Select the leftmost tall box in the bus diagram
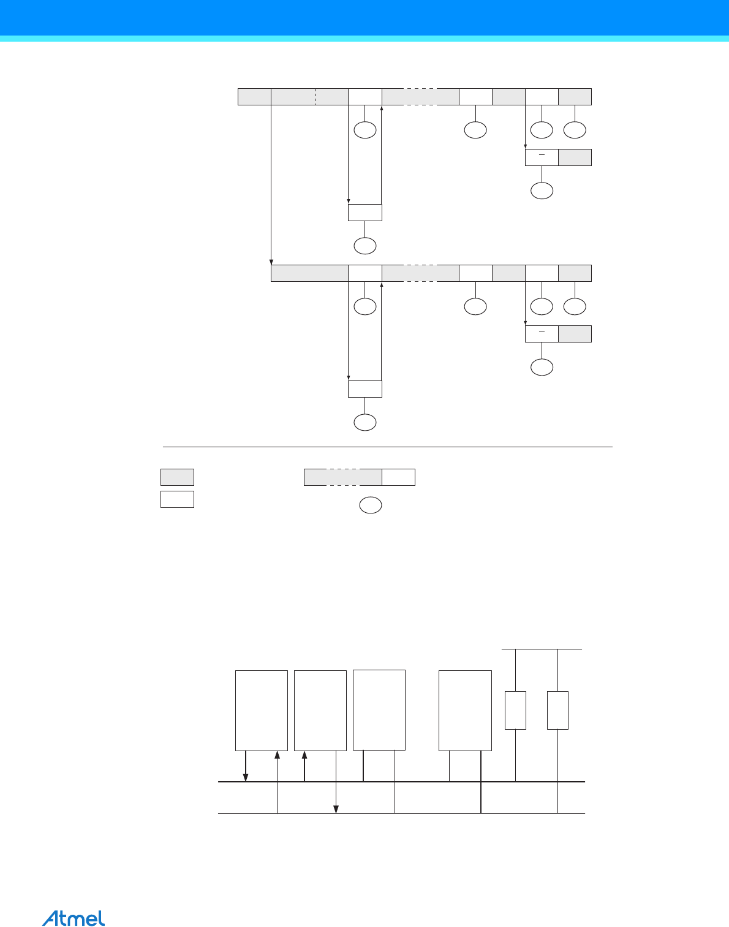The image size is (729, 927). pos(262,710)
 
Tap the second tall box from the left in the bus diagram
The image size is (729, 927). pos(320,710)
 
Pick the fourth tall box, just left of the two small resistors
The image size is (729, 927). pos(466,710)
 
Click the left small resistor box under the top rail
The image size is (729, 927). pos(515,710)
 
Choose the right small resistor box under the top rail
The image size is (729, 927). pos(557,710)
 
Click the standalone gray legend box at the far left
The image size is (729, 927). pos(178,477)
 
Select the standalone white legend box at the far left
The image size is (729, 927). pos(178,499)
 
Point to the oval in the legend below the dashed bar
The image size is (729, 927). pos(371,505)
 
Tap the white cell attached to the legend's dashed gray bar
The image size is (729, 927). pos(399,477)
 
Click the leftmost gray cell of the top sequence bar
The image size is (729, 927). pos(255,96)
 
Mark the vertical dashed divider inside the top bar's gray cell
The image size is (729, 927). pos(315,96)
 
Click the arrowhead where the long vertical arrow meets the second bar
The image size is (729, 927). pos(271,262)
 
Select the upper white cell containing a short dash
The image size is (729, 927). pos(542,157)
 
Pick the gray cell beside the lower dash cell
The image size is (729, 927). pos(575,334)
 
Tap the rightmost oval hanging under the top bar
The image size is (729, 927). pos(575,130)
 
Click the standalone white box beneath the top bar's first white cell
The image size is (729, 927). pos(365,213)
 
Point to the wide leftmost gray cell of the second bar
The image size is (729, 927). pos(309,273)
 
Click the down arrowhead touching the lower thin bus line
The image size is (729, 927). pos(336,809)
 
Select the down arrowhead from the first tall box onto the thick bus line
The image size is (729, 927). pos(246,778)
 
